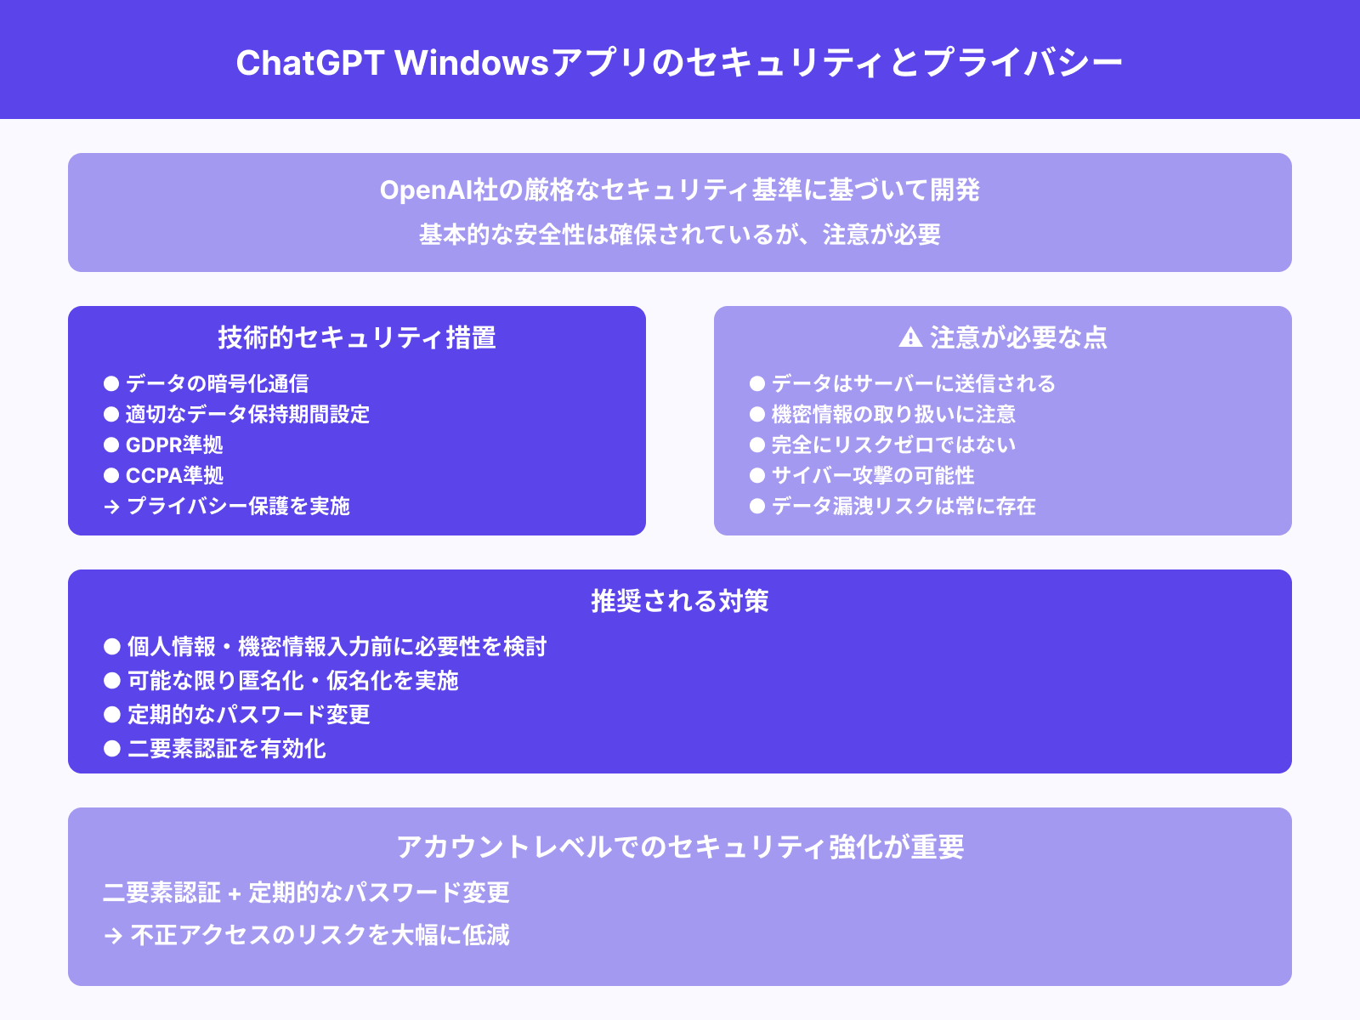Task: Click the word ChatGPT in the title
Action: tap(310, 63)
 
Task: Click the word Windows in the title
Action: tap(473, 63)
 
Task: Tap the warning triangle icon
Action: tap(910, 337)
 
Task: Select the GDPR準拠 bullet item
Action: tap(174, 445)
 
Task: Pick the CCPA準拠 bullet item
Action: tap(174, 475)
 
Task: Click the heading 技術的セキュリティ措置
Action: tap(357, 337)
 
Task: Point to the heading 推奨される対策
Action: tap(680, 601)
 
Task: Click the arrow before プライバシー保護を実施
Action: tap(111, 507)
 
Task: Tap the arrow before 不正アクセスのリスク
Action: tap(113, 936)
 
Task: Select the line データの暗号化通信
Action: tap(217, 383)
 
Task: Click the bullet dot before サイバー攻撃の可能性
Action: tap(757, 475)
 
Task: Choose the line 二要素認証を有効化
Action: tap(227, 748)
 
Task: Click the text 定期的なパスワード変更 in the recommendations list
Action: tap(249, 714)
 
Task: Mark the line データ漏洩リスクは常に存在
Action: tap(904, 506)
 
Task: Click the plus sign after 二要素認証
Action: tap(235, 893)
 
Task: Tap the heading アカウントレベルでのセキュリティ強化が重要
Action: tap(680, 847)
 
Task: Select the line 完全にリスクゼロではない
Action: tap(893, 445)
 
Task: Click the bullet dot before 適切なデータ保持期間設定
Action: tap(111, 414)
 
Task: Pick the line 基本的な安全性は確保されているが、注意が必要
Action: tap(680, 234)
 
